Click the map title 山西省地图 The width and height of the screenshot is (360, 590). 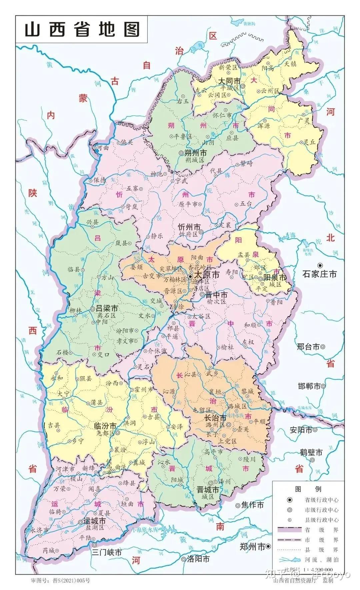pos(82,30)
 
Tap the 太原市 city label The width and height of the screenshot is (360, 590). pos(207,275)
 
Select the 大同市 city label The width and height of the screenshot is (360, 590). pos(229,81)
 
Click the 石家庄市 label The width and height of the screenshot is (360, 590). pos(319,274)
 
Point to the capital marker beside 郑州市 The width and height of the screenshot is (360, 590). pos(268,546)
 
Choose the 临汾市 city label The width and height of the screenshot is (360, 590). pos(105,426)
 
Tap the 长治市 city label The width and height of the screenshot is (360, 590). pos(215,418)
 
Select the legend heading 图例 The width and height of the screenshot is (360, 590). pos(308,489)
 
